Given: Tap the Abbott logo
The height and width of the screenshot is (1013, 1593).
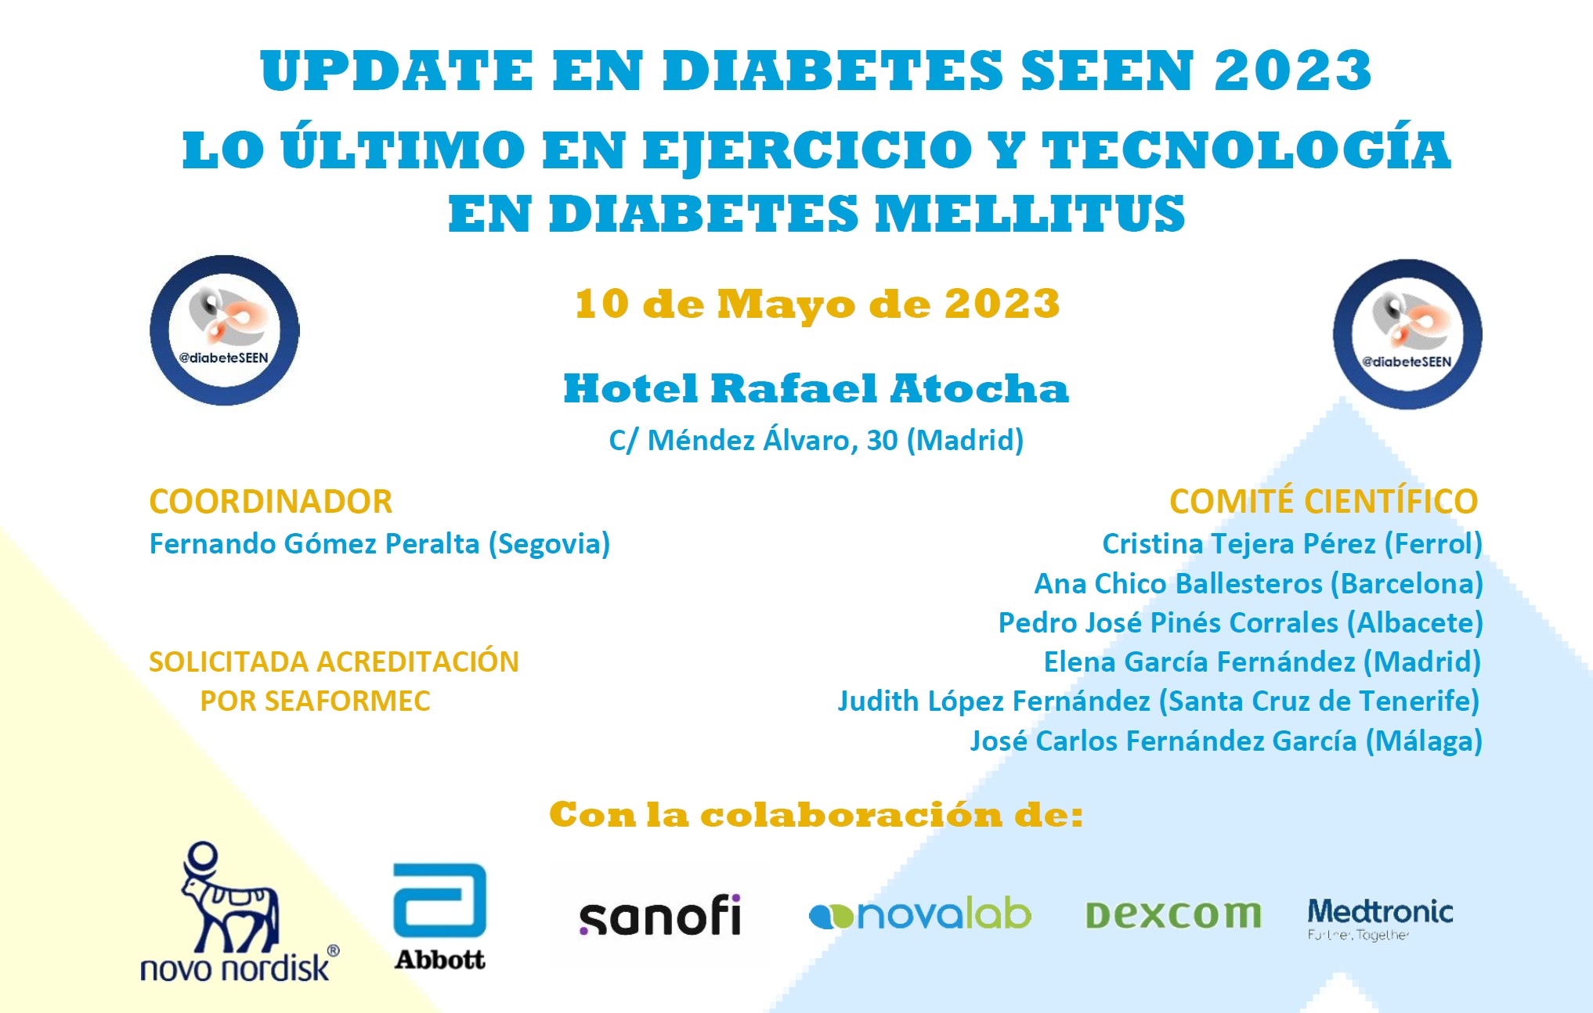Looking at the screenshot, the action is (439, 917).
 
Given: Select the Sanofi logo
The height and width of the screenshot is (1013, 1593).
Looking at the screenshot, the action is (659, 915).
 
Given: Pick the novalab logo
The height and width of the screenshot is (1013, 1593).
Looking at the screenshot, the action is (920, 914).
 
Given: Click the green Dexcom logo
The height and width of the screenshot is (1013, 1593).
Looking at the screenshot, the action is (1173, 914).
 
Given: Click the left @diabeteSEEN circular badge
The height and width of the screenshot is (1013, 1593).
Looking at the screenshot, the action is (225, 330).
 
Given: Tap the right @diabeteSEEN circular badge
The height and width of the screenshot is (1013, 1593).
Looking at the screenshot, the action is (1407, 334).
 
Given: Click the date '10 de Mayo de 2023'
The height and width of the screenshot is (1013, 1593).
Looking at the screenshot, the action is (817, 304).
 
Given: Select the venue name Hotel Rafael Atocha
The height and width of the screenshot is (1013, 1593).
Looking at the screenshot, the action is (816, 388).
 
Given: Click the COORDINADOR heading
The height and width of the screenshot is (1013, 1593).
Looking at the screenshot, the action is (271, 502).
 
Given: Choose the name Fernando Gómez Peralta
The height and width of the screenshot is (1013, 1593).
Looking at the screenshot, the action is (315, 543).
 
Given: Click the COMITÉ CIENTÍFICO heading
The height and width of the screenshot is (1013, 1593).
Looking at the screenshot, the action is (1324, 501).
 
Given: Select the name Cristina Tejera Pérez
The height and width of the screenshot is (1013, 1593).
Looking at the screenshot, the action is (1239, 543).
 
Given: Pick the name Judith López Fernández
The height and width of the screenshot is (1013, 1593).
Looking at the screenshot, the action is (994, 701).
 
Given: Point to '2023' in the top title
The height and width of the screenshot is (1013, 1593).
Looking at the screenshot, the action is (1293, 70).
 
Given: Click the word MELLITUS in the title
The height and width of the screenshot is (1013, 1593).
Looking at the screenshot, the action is (1030, 214).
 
